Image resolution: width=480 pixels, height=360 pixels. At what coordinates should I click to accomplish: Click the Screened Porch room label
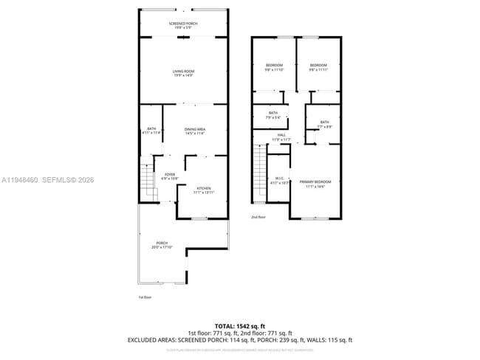tap(182, 24)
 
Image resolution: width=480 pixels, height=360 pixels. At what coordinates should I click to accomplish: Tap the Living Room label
tap(182, 72)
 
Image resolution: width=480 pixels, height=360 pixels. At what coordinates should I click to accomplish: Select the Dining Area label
tap(195, 131)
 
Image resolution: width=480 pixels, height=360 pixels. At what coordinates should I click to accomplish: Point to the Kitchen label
tap(203, 190)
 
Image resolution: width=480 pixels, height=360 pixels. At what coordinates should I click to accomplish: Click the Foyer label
tap(170, 177)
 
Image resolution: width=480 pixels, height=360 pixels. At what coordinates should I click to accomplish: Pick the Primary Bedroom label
tap(315, 184)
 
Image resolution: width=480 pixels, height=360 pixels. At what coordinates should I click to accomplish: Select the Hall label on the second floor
tap(281, 137)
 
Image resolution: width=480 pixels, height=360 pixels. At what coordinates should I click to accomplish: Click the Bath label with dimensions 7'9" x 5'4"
tap(273, 114)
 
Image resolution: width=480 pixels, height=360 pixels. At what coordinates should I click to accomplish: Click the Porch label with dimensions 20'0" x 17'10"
tap(162, 245)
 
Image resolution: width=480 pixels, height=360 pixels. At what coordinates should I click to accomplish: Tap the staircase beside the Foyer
tap(148, 181)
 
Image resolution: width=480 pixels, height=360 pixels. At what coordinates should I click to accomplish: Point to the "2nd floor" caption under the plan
tap(258, 217)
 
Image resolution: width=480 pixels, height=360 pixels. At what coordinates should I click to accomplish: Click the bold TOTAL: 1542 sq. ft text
tap(239, 325)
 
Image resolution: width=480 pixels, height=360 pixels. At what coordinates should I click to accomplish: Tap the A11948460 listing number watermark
tap(20, 179)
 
